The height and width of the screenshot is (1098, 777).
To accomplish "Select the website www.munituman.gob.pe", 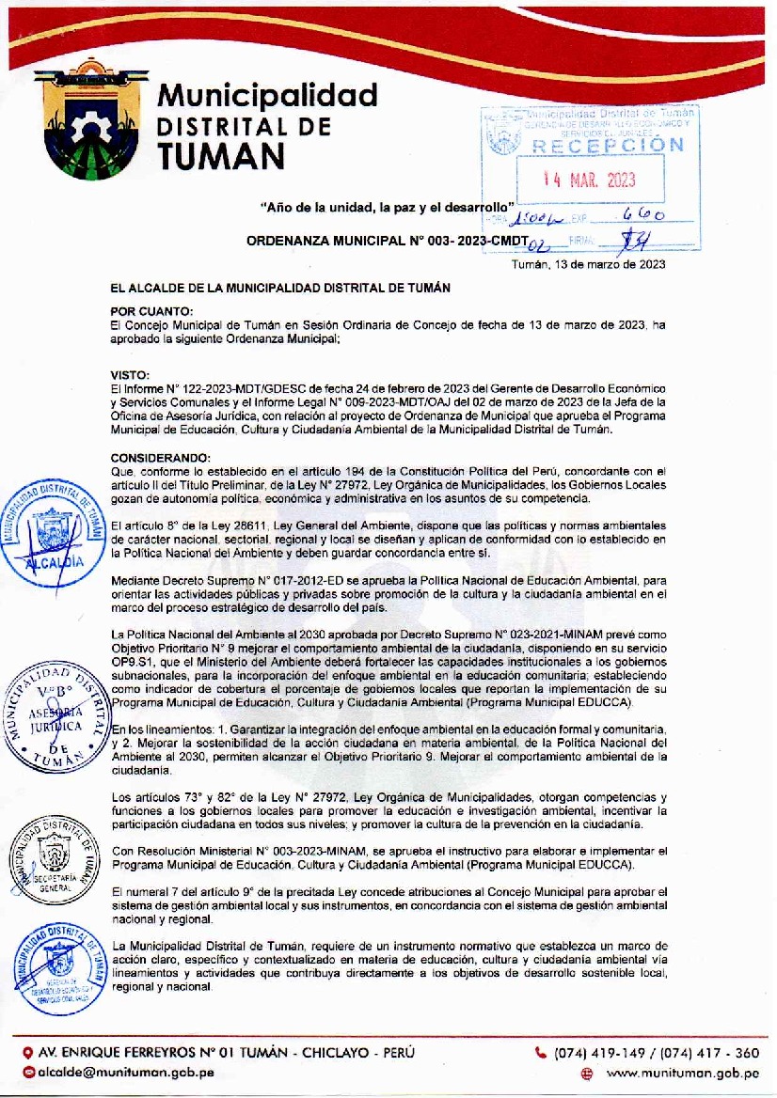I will (682, 1073).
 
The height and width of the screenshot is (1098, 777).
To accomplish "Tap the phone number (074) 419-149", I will (597, 1053).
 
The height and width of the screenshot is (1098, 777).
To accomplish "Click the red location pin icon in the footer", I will (28, 1053).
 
